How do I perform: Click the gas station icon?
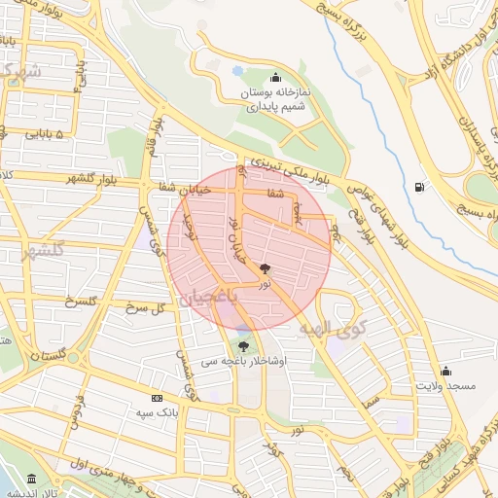click(x=418, y=187)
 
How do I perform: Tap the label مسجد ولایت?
click(x=445, y=387)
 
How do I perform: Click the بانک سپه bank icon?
click(x=157, y=398)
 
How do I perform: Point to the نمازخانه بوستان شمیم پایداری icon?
click(x=276, y=78)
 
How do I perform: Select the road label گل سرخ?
click(x=148, y=306)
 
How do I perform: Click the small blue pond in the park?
click(x=237, y=71)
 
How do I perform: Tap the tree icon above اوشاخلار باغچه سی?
click(x=242, y=345)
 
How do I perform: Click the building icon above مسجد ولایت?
click(x=445, y=371)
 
